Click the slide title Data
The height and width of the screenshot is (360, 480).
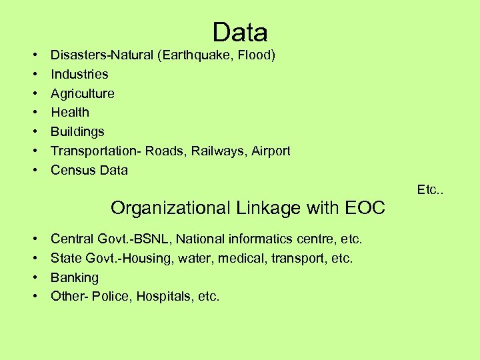(240, 32)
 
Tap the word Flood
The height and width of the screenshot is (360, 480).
(254, 55)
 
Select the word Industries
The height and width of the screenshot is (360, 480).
(79, 74)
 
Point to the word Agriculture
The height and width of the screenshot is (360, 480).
(83, 93)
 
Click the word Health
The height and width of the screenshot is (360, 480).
(70, 112)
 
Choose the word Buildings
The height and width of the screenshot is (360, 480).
(77, 131)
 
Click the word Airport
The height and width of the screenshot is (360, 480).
(271, 151)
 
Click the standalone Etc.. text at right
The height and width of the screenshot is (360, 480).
(430, 190)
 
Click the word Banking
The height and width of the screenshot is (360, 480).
(75, 277)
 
